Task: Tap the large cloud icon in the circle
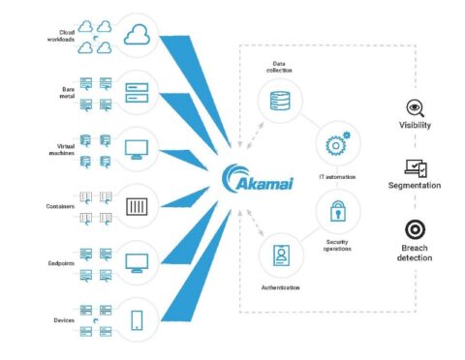point(136,37)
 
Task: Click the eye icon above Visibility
point(414,108)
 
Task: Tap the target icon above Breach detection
point(414,228)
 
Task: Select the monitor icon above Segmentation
point(414,168)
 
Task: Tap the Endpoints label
point(60,262)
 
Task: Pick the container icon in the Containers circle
point(136,206)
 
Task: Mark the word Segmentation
point(415,185)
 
